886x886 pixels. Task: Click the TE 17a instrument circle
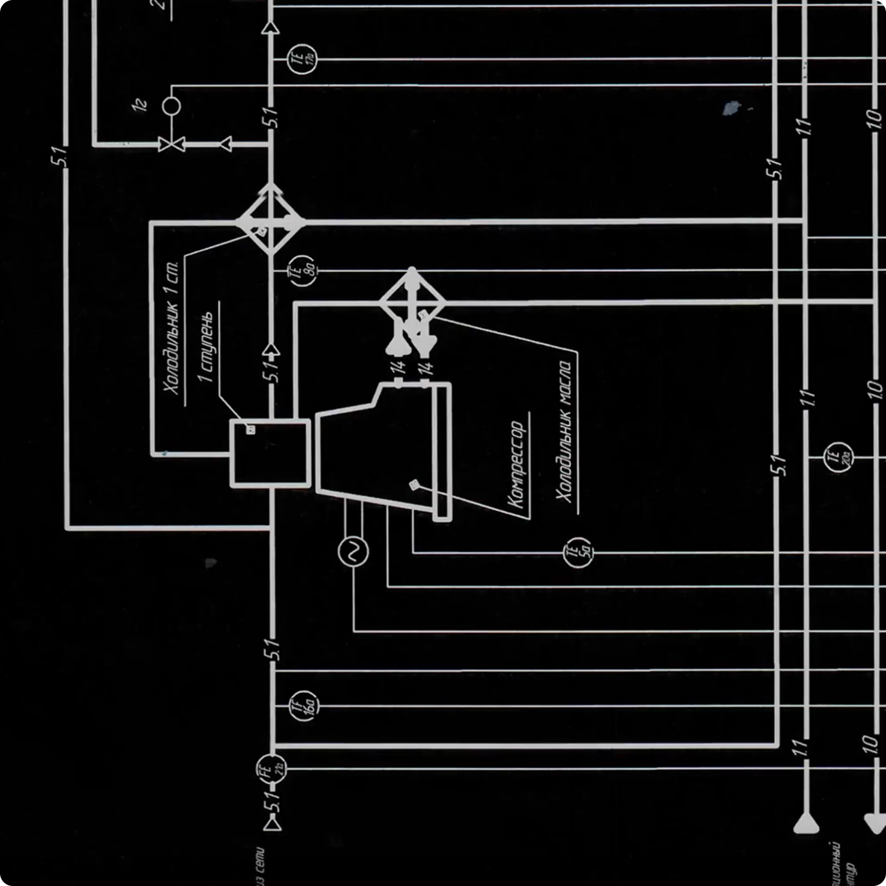coord(302,58)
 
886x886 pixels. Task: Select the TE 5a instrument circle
coord(577,552)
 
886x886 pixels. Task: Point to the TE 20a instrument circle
coord(838,457)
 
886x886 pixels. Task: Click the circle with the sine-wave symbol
coord(353,551)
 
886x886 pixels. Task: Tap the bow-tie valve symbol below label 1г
coord(171,144)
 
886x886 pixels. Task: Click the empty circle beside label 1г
coord(171,105)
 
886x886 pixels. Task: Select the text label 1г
coord(140,105)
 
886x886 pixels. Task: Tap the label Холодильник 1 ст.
coord(171,327)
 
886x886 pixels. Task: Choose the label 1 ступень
coord(206,347)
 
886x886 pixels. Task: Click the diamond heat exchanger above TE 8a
coord(271,221)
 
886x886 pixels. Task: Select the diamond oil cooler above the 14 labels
coord(412,302)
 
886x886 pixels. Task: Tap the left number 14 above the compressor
coord(398,367)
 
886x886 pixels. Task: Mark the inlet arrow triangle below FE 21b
coord(272,823)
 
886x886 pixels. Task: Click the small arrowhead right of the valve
coord(225,144)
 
